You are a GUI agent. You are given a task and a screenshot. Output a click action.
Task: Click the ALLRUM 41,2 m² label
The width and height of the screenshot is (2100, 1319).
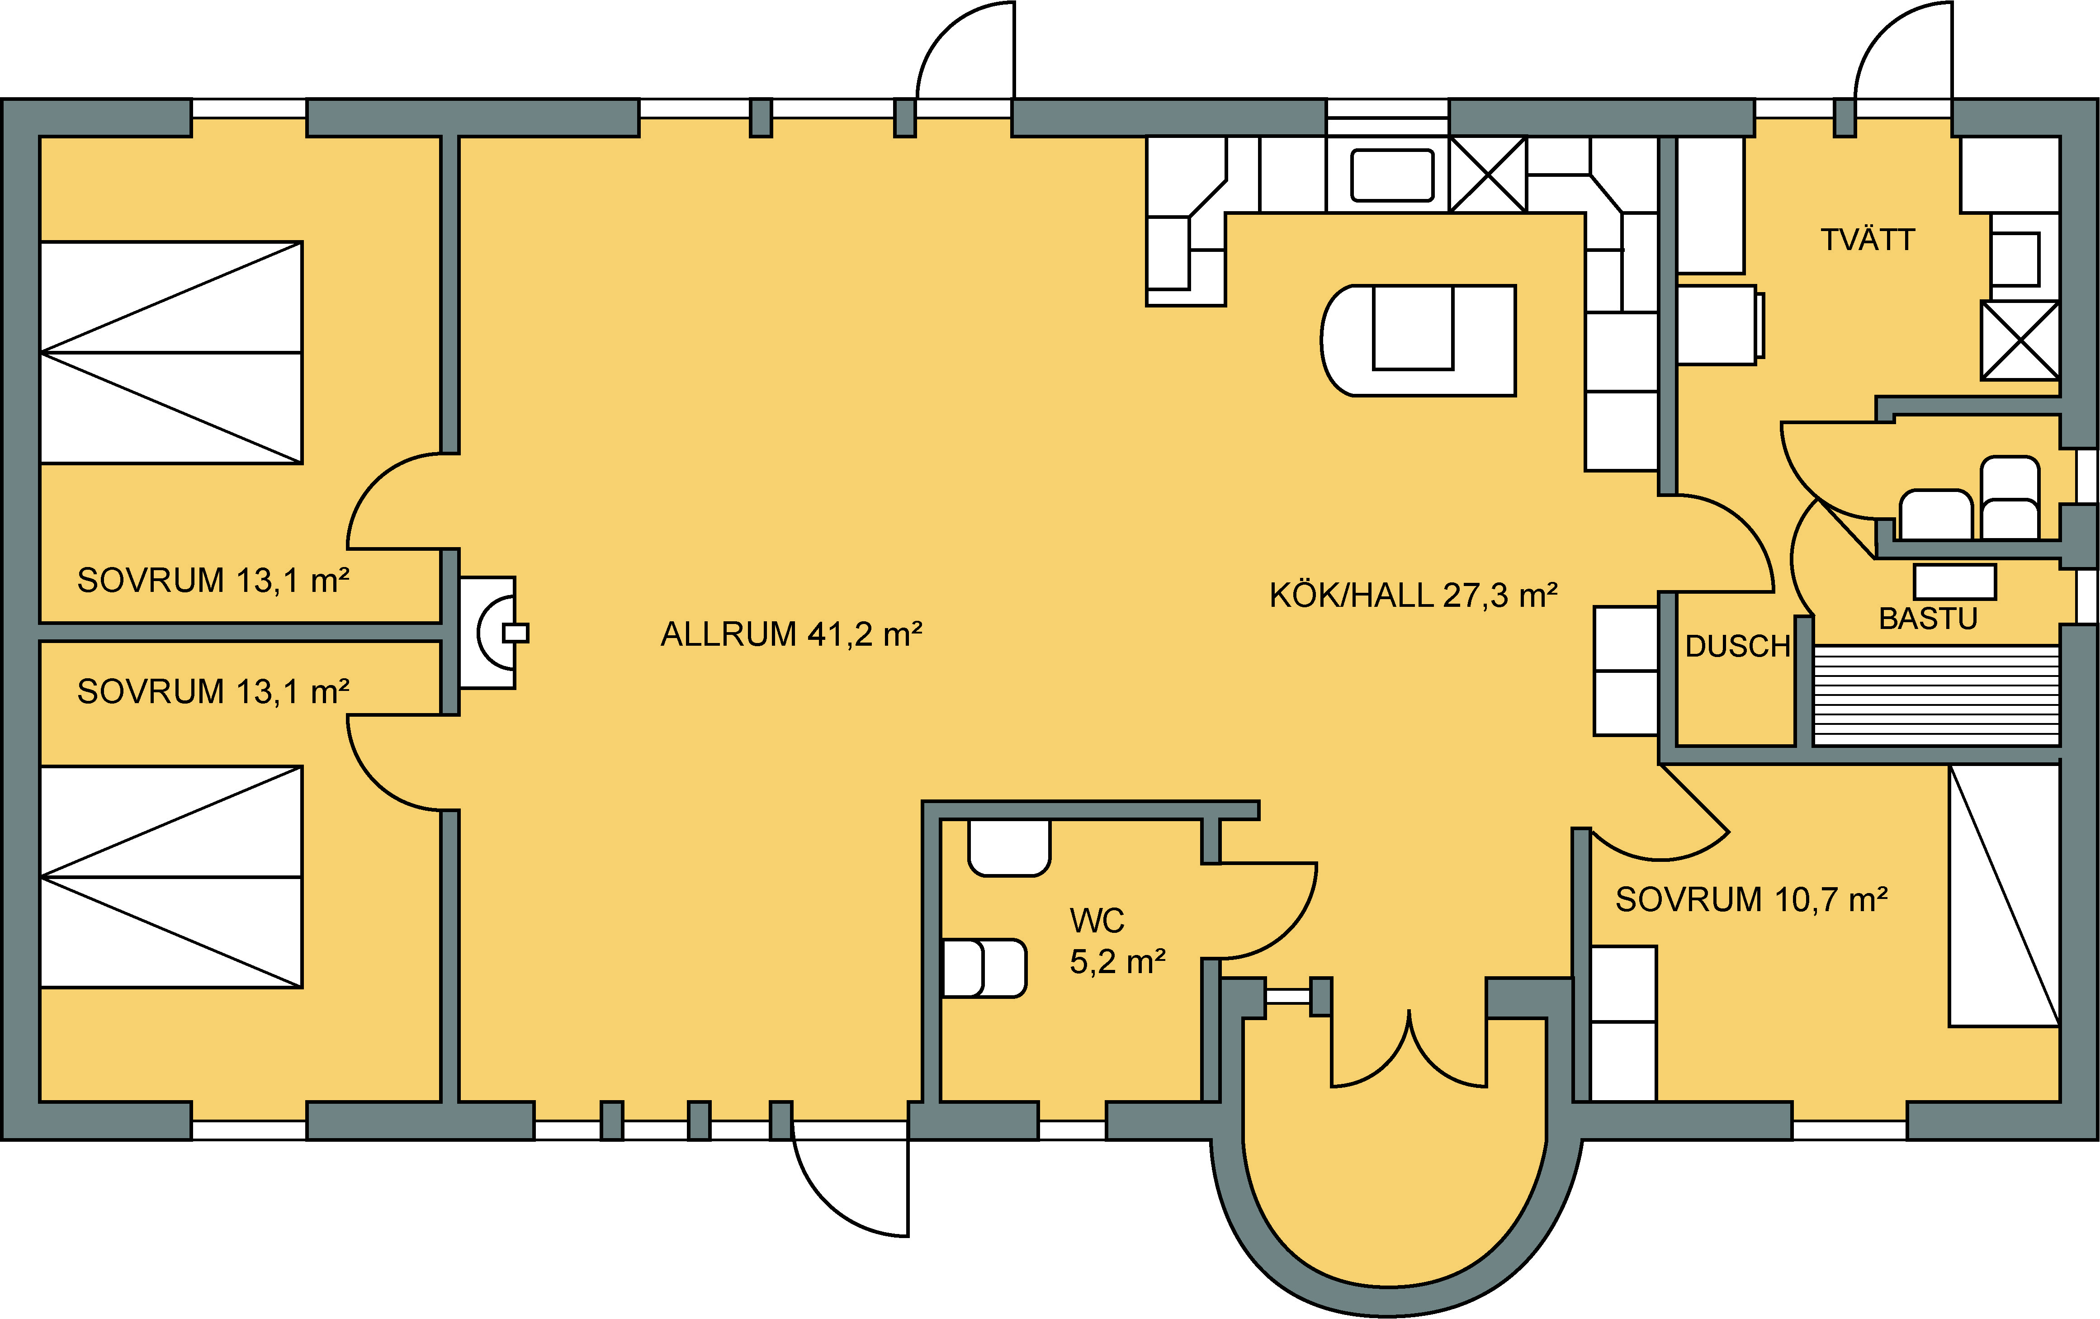coord(791,634)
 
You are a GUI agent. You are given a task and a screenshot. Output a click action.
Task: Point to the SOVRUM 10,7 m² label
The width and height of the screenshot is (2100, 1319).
coord(1752,899)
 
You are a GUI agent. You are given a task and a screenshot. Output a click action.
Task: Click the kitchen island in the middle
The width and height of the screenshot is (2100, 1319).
coord(1418,340)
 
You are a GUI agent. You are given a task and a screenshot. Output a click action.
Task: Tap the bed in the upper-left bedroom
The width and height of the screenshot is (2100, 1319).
coord(172,352)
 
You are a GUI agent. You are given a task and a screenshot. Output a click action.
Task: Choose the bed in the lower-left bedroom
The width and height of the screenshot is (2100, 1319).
coord(172,877)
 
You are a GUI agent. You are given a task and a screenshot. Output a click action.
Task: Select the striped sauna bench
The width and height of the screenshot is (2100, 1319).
coord(1936,695)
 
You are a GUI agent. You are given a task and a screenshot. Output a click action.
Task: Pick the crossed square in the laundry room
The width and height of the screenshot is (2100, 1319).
coord(2020,340)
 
